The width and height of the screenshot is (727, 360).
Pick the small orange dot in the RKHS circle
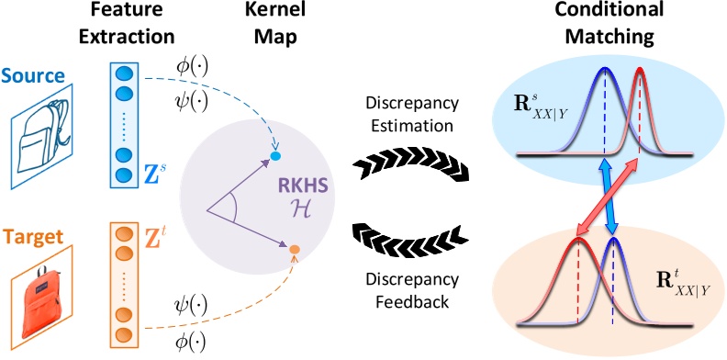(x=294, y=249)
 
